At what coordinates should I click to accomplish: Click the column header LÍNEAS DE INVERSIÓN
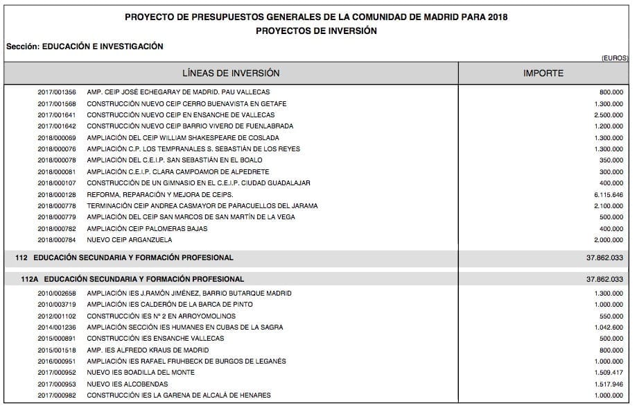coord(231,73)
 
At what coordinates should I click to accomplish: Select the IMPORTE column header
coord(543,73)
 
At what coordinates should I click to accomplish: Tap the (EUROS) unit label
coord(615,58)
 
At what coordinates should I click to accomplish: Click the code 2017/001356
coord(57,92)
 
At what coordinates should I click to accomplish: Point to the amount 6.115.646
coord(609,195)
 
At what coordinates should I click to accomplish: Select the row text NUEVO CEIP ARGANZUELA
coord(130,240)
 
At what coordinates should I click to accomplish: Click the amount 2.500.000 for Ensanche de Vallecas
coord(609,115)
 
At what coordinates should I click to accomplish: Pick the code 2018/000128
coord(57,195)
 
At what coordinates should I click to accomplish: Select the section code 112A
coord(30,279)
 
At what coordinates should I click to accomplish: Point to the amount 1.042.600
coord(609,328)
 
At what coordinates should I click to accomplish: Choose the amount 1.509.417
coord(609,373)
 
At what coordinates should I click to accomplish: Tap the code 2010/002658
coord(57,294)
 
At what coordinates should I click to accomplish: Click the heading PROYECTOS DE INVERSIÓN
coord(316,31)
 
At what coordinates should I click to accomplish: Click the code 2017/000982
coord(57,396)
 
